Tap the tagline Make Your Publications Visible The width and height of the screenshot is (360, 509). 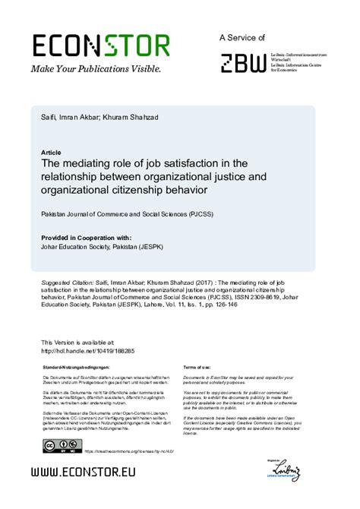click(x=96, y=69)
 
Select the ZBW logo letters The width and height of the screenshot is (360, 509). click(x=243, y=62)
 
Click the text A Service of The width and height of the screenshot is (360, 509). click(x=242, y=36)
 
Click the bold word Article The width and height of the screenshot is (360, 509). click(x=52, y=152)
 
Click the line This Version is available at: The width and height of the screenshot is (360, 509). click(x=77, y=343)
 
